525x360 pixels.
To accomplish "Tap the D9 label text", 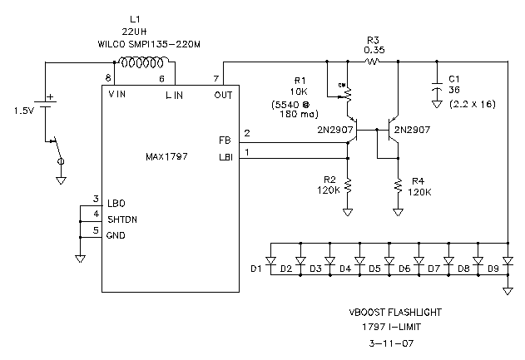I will pos(493,269).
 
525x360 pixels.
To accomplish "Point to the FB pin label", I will pos(225,140).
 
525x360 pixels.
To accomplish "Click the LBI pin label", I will pos(224,158).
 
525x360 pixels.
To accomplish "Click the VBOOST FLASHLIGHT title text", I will pos(394,313).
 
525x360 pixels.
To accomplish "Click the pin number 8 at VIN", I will pos(107,77).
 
